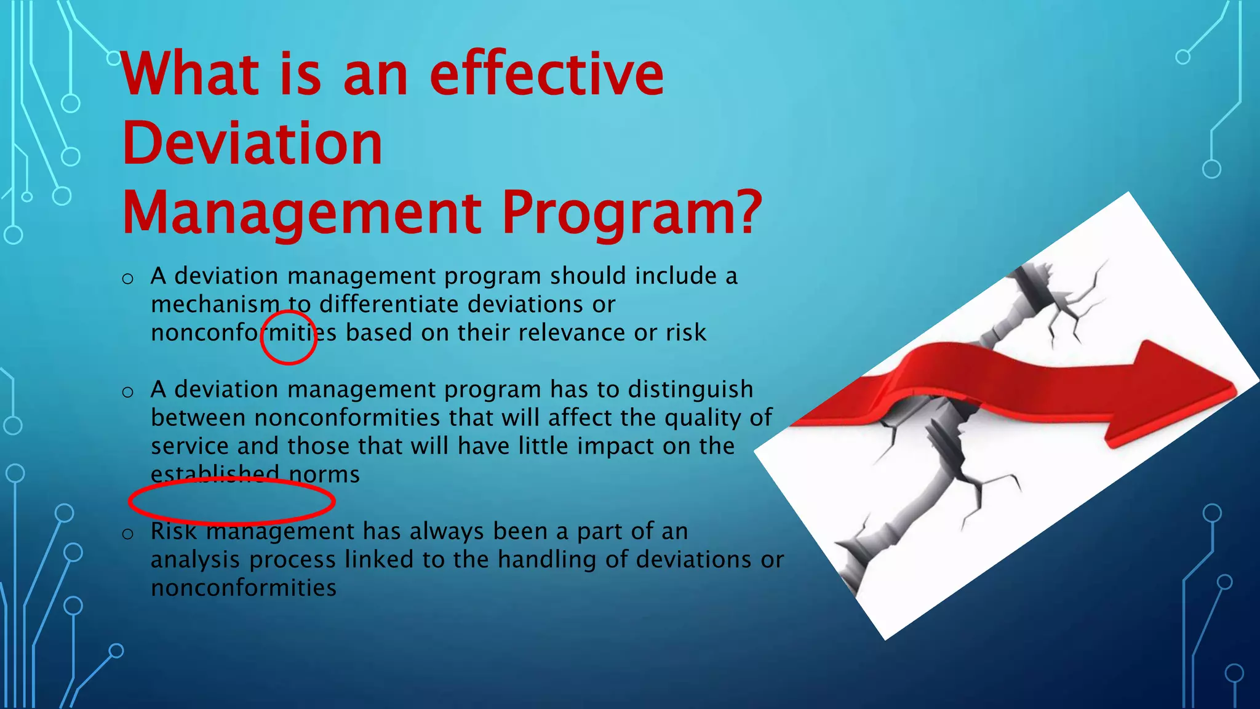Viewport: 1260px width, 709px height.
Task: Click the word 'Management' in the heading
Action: coord(301,214)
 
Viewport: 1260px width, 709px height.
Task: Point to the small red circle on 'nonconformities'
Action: coord(289,338)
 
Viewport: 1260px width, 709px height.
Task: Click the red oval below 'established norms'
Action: coord(231,501)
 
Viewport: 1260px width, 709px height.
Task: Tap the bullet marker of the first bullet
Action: coord(128,279)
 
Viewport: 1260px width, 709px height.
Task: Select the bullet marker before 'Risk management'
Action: coord(128,534)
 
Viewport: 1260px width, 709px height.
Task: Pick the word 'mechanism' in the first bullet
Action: coord(215,305)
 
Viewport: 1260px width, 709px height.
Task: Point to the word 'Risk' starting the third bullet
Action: coord(173,531)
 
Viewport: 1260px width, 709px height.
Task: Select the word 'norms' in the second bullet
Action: coord(324,475)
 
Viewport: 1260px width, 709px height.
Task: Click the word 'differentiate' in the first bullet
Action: coord(389,305)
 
